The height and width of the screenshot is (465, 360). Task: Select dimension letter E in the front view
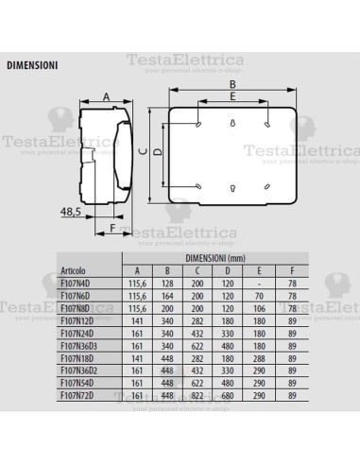[x=232, y=97]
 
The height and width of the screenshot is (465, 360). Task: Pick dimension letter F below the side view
[x=112, y=227]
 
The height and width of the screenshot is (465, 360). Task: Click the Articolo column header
[x=76, y=269]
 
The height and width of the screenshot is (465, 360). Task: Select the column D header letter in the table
[x=228, y=269]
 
